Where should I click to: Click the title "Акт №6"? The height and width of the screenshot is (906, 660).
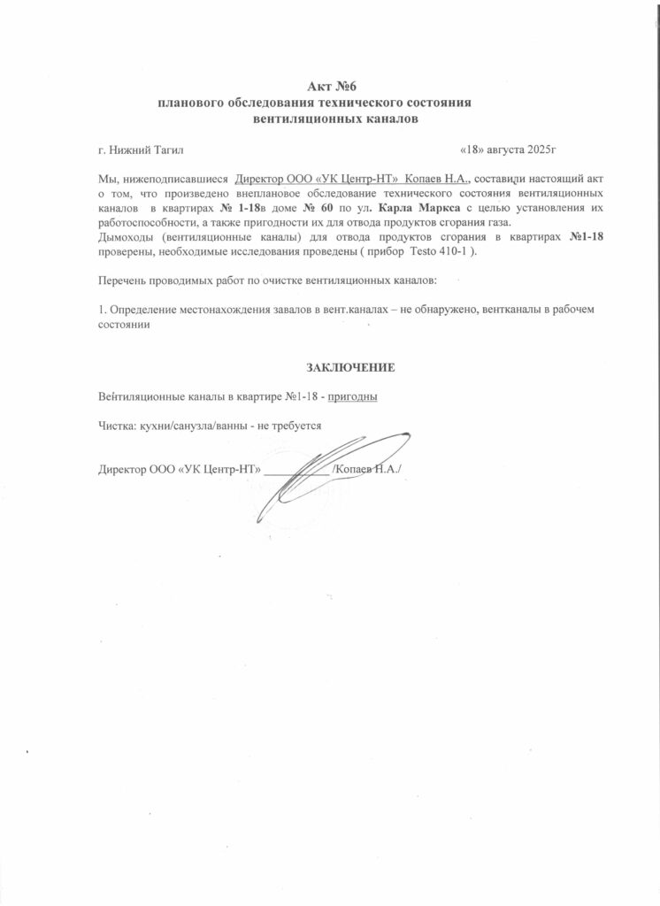[x=330, y=87]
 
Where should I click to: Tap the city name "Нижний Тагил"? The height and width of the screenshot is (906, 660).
[x=145, y=151]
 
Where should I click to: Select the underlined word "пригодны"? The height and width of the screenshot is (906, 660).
[x=353, y=395]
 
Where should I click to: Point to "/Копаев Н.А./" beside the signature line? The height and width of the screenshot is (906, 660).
[x=366, y=469]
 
